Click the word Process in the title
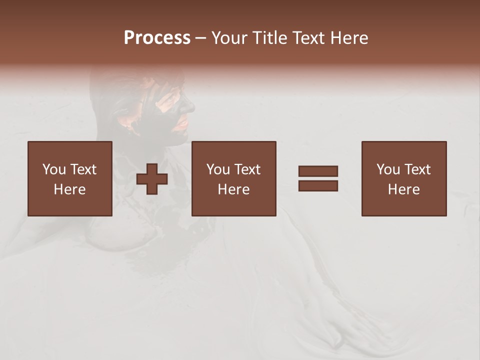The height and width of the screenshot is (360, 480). pyautogui.click(x=157, y=38)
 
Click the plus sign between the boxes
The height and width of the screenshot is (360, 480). pyautogui.click(x=152, y=179)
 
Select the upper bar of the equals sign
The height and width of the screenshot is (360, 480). pyautogui.click(x=318, y=171)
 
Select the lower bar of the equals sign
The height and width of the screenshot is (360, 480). pyautogui.click(x=318, y=185)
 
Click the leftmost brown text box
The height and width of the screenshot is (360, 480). pyautogui.click(x=70, y=178)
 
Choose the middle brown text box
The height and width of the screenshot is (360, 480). pyautogui.click(x=233, y=178)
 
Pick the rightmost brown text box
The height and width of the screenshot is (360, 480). pyautogui.click(x=403, y=178)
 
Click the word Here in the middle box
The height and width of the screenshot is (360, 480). pyautogui.click(x=233, y=189)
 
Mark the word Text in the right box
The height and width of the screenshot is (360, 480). pyautogui.click(x=416, y=169)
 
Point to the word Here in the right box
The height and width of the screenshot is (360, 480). pyautogui.click(x=403, y=189)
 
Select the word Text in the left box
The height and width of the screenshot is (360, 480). pyautogui.click(x=82, y=169)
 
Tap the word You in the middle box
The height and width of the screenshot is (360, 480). pyautogui.click(x=217, y=169)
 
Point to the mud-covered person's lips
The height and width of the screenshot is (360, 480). pyautogui.click(x=184, y=122)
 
